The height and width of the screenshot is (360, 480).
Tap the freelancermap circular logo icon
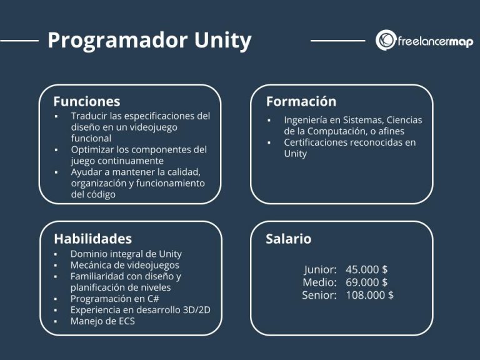[x=386, y=40]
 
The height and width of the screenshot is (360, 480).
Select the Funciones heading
[x=86, y=101]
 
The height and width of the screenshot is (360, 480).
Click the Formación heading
[x=301, y=101]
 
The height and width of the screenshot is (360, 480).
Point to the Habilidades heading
[x=92, y=239]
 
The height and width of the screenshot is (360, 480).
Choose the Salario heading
[x=288, y=239]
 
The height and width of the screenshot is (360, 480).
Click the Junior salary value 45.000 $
[x=366, y=269]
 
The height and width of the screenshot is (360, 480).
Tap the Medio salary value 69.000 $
[x=366, y=282]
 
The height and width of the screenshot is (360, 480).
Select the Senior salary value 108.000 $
[x=369, y=295]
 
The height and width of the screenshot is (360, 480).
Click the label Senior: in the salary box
[x=319, y=295]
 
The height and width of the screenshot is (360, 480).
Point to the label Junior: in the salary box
[x=321, y=269]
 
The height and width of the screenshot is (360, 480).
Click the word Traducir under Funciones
[x=90, y=116]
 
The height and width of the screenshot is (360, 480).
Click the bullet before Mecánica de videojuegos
[x=56, y=266]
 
